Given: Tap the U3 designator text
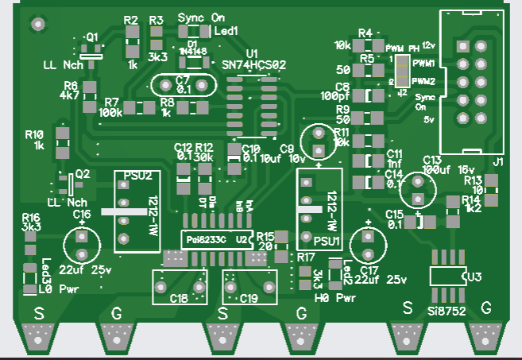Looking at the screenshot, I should tap(474, 277).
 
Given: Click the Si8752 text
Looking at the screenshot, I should tap(447, 310).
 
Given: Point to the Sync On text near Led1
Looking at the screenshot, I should tap(201, 17).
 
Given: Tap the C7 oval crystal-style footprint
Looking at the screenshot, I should tap(184, 85).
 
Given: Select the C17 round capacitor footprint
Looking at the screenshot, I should tap(368, 242).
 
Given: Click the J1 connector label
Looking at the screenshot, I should tap(498, 163).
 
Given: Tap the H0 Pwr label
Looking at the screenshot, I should tap(334, 299).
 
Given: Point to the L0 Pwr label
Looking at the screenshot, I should tap(56, 290).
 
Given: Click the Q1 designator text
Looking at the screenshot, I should tap(92, 37).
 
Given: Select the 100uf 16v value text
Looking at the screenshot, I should tap(449, 169).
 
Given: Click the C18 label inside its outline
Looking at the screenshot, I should tap(180, 299).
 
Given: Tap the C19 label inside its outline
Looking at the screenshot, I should tap(249, 299).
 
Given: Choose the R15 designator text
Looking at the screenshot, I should tap(265, 236).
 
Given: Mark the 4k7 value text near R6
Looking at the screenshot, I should tap(69, 95).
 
